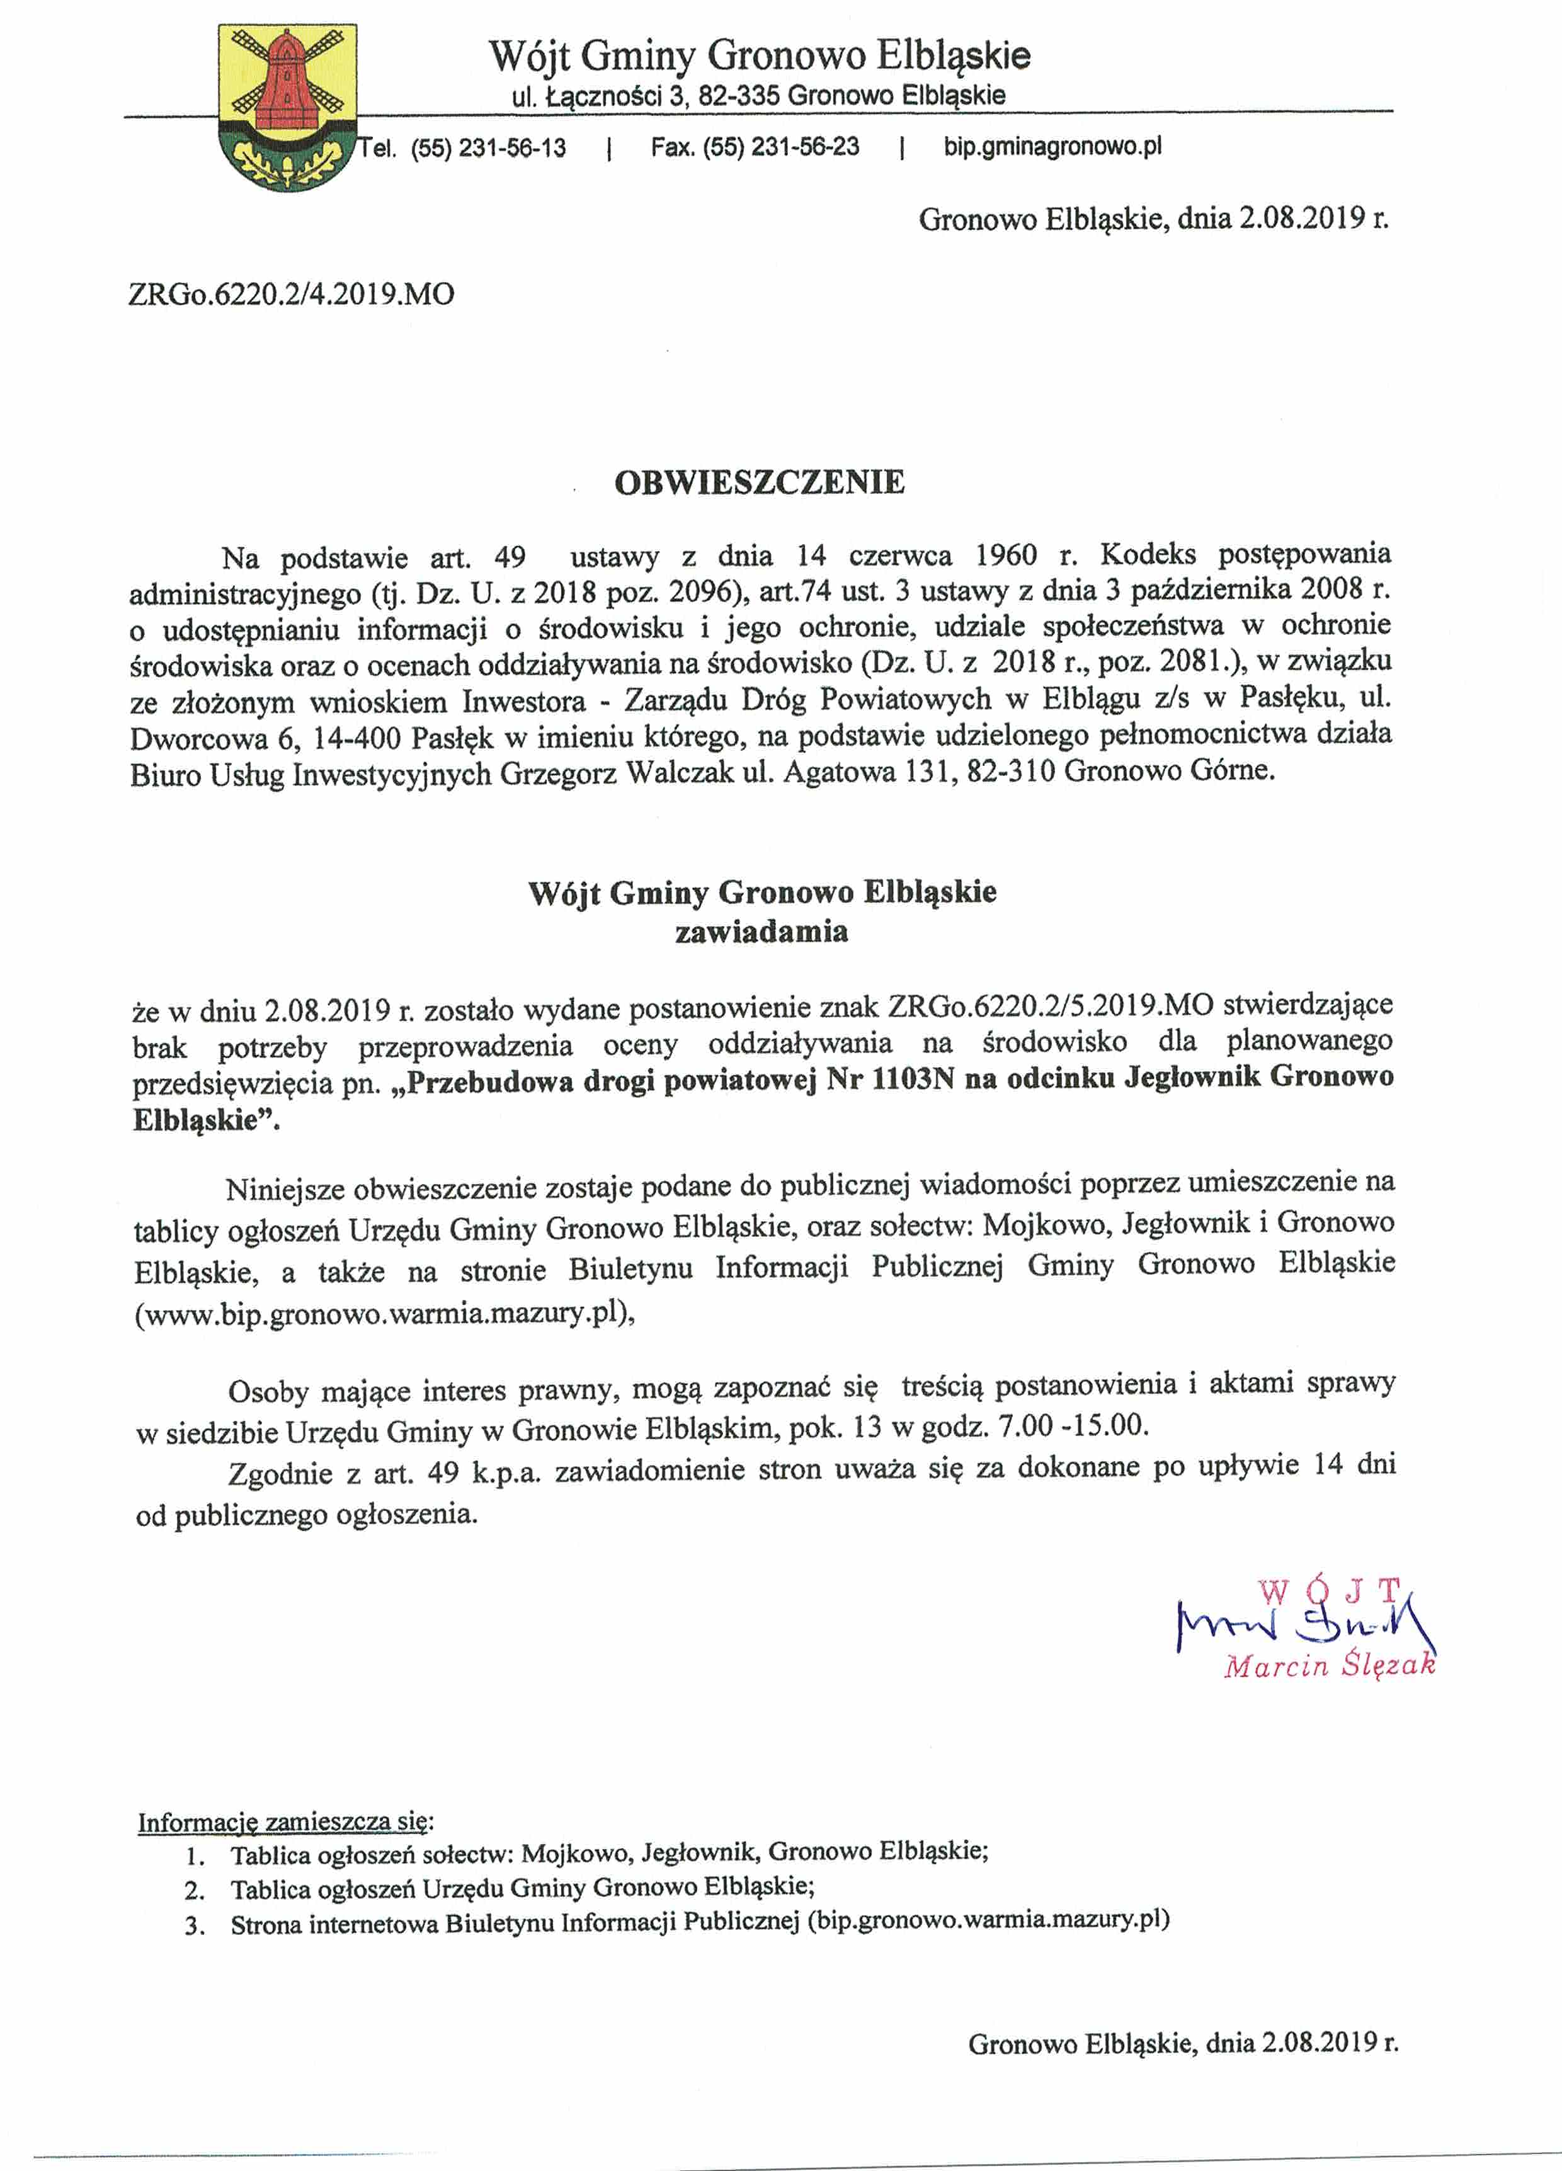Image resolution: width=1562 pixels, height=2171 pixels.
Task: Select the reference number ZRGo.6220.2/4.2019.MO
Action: (x=291, y=294)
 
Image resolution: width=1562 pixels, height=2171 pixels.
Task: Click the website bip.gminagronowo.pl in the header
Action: (x=1052, y=147)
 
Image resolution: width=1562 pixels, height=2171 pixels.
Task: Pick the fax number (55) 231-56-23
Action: (x=780, y=147)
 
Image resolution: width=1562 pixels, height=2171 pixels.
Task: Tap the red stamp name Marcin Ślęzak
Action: (x=1330, y=1667)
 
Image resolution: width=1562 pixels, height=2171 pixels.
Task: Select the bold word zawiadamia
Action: (x=761, y=932)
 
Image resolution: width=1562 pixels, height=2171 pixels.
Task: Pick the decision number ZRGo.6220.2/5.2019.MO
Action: (x=1050, y=1006)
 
